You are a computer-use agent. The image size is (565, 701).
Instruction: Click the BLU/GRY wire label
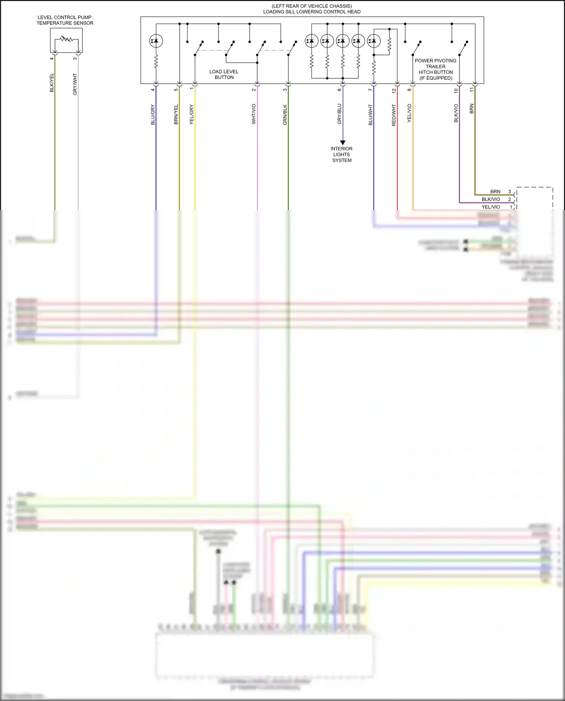153,115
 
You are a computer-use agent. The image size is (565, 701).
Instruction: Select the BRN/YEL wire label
176,115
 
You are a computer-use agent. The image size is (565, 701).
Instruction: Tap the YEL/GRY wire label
192,115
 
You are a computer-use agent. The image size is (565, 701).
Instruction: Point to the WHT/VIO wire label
254,114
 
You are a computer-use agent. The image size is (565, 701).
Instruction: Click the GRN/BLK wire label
285,115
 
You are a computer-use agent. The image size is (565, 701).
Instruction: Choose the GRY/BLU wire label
339,114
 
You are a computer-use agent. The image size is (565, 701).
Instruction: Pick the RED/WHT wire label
394,115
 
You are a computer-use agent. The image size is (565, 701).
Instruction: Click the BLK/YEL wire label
52,82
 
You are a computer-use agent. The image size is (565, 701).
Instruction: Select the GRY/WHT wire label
75,84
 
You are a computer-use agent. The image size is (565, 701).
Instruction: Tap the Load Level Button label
224,74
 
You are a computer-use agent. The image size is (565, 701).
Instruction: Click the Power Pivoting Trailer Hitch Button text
436,69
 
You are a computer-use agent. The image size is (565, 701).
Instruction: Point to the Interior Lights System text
342,154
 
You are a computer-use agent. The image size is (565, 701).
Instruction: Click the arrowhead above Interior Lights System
343,142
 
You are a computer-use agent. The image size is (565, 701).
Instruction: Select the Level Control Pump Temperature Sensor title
65,20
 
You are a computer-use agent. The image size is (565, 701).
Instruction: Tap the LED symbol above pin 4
156,41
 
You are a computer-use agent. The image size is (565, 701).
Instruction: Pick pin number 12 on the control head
394,90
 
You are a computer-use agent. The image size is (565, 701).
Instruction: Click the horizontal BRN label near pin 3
495,192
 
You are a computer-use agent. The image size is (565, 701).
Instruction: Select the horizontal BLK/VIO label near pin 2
491,199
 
